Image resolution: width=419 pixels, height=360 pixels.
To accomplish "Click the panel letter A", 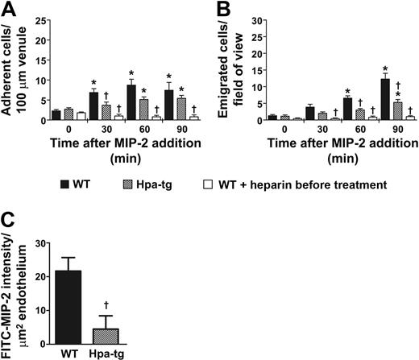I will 8,10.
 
